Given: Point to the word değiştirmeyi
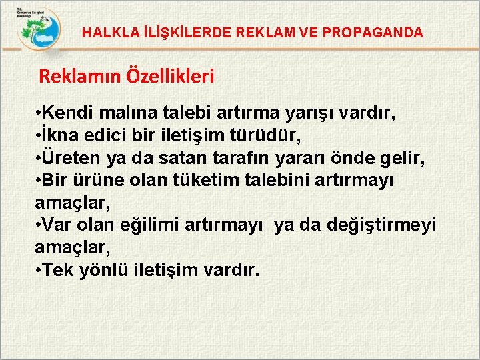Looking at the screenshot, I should (381, 225).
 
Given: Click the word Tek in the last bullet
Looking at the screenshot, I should (57, 270).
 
